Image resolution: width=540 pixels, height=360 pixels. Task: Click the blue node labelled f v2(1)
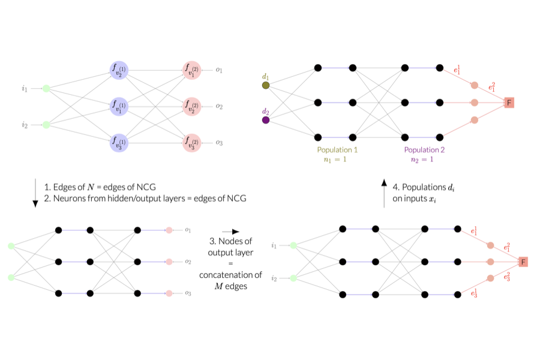click(x=119, y=71)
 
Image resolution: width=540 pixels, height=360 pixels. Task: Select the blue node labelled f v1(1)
click(x=119, y=107)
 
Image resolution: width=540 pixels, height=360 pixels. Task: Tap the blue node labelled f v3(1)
click(x=119, y=143)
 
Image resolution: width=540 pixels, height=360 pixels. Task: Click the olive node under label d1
click(x=266, y=85)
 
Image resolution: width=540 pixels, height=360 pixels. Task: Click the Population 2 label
click(x=424, y=150)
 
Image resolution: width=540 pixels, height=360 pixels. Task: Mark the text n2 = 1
click(x=424, y=160)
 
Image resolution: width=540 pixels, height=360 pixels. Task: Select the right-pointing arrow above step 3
click(x=230, y=232)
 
